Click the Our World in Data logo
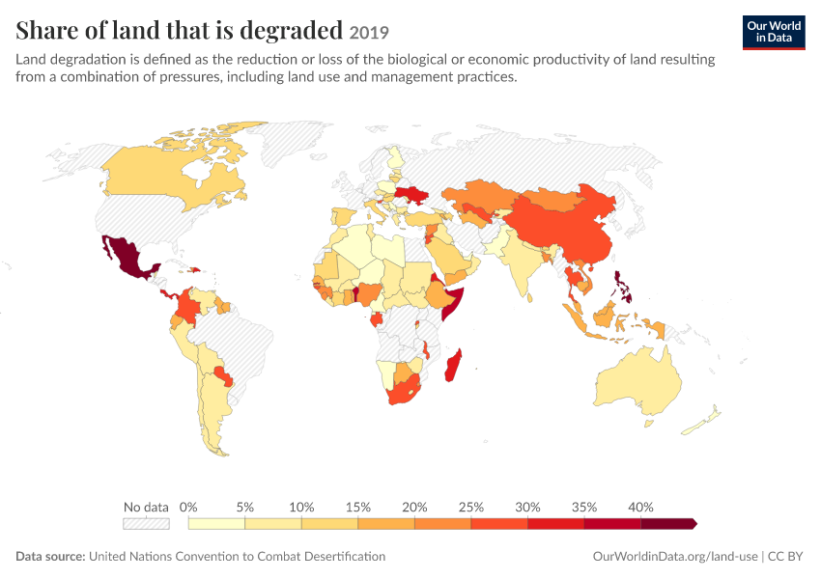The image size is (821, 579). (774, 33)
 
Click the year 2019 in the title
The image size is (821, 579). (369, 33)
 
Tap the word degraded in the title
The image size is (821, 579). (291, 31)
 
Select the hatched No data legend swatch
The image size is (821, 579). (146, 524)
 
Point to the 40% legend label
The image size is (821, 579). (640, 507)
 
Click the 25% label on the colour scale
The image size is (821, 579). (470, 507)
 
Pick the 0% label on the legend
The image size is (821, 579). (188, 507)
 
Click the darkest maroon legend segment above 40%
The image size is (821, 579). (668, 524)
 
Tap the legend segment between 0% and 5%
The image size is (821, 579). (216, 524)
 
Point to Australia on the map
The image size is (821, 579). (638, 380)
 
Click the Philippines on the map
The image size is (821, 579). (622, 287)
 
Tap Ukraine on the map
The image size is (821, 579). (411, 195)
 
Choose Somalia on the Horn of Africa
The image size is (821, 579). (452, 302)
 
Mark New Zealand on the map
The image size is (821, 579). (701, 421)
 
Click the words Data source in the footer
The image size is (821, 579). (50, 556)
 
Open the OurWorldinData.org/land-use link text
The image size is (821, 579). (675, 557)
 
